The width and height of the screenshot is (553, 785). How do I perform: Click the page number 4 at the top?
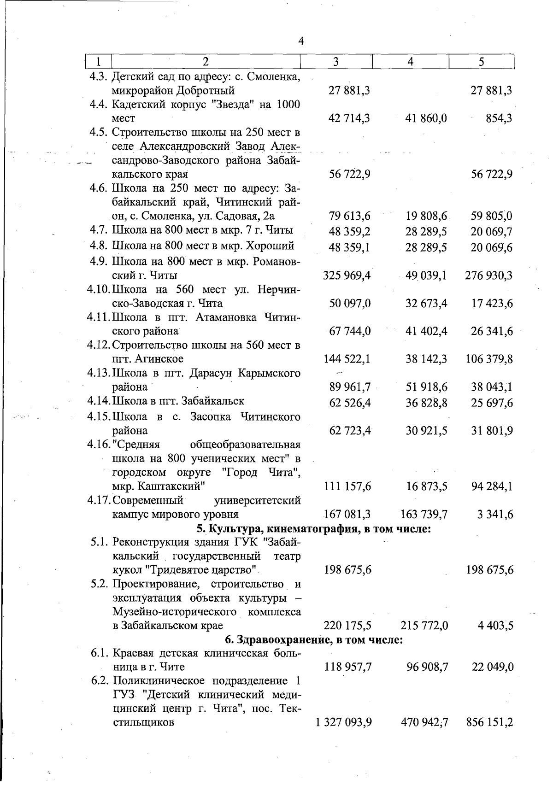301,41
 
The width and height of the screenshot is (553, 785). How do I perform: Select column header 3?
336,62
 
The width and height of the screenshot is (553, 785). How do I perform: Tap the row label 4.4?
99,105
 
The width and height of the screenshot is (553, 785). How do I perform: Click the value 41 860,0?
426,119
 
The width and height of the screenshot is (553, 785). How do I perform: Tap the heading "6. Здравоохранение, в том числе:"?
314,639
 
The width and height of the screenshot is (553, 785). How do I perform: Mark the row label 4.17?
99,500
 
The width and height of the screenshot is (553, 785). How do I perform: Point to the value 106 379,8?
489,359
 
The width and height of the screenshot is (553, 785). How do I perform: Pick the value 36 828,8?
426,403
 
